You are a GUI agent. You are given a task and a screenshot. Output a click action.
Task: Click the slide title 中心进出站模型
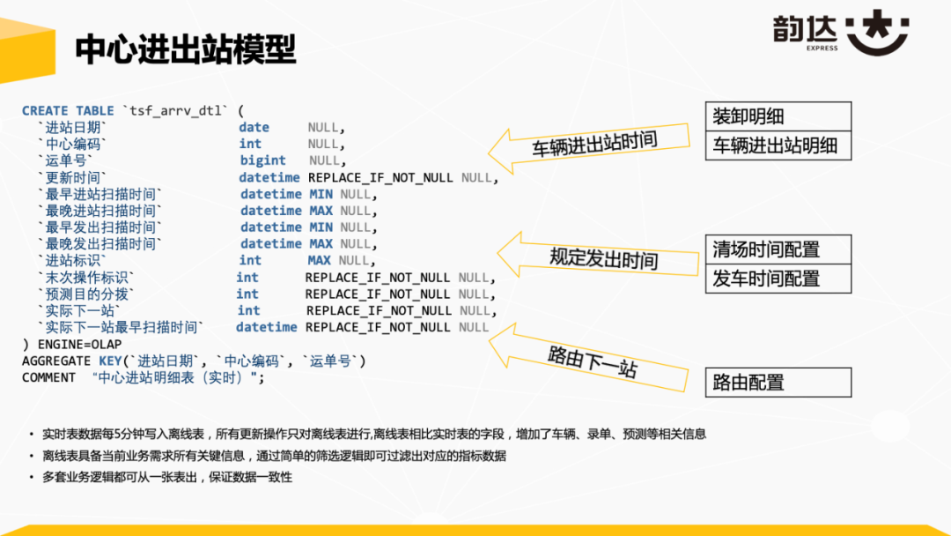click(185, 49)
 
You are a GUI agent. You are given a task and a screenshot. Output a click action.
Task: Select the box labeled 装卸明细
click(778, 116)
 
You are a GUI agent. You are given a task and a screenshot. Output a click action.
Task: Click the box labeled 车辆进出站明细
click(778, 145)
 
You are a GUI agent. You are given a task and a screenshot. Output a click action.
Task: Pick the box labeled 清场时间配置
click(778, 249)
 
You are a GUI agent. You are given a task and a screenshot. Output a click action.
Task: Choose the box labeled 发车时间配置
click(778, 279)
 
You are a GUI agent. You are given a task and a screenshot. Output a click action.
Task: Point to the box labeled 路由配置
click(778, 383)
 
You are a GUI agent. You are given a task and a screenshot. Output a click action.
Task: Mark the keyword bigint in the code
click(262, 160)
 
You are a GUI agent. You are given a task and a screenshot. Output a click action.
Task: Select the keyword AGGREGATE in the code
click(55, 361)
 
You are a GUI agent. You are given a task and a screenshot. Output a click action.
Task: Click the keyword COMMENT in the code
click(48, 377)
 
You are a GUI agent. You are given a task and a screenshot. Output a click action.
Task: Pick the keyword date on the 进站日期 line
click(254, 127)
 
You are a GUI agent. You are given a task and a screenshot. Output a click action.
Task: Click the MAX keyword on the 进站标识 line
click(320, 260)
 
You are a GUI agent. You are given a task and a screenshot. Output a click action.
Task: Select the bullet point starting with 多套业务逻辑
click(167, 477)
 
